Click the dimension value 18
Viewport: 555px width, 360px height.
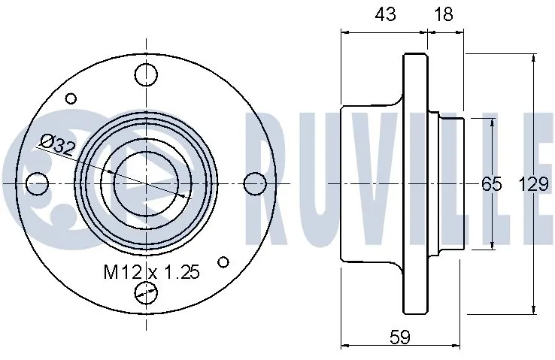click(x=445, y=15)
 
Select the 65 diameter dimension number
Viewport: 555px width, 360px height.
click(x=491, y=183)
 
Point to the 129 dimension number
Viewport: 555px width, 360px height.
click(x=533, y=183)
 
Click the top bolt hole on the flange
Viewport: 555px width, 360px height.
click(x=146, y=74)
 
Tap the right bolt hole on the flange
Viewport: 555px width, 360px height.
click(x=255, y=183)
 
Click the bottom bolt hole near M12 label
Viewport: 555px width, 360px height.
click(x=146, y=292)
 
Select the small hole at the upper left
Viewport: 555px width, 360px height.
click(x=71, y=98)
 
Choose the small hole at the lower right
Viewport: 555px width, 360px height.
click(x=222, y=262)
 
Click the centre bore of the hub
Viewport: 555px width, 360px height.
click(x=147, y=183)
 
